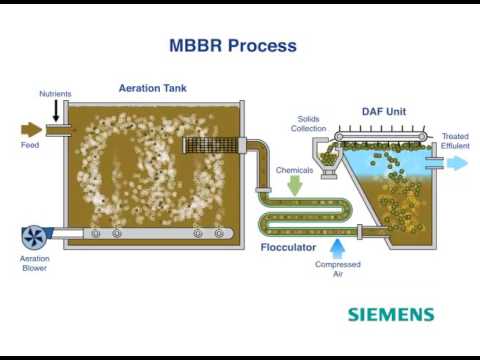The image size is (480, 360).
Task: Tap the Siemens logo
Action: click(390, 314)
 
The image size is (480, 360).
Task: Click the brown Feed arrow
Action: click(32, 130)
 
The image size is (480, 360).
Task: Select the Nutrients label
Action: click(54, 94)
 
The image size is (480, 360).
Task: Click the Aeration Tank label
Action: click(152, 88)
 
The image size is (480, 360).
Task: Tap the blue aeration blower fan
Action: click(34, 238)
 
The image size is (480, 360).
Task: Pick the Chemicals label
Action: click(295, 170)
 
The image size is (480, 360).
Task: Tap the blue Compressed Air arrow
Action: click(338, 242)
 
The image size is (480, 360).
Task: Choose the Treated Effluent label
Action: click(454, 141)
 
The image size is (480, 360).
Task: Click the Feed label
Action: click(29, 145)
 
